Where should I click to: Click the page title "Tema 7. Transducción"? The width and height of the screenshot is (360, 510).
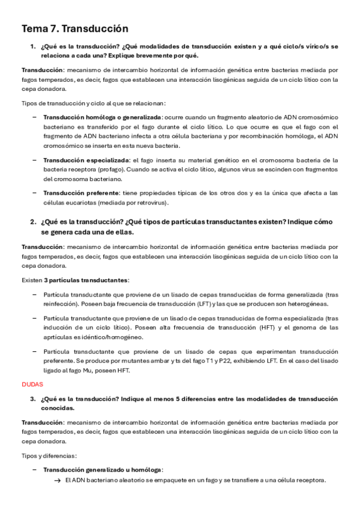click(x=75, y=28)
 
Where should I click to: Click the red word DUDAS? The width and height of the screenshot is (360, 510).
click(x=32, y=383)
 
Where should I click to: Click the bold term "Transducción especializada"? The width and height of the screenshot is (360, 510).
click(x=86, y=160)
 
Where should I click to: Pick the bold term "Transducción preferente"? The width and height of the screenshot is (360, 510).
click(x=81, y=193)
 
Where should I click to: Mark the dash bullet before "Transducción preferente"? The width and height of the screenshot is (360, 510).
click(x=34, y=193)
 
